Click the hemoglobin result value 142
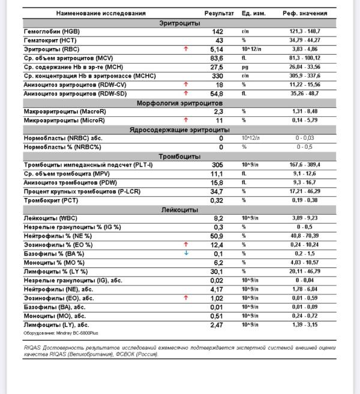(217, 31)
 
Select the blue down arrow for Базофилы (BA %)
(186, 253)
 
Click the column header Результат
(219, 13)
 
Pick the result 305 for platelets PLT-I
(217, 165)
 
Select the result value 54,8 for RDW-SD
(217, 94)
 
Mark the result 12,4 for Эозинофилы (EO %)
(217, 245)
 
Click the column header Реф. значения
(305, 13)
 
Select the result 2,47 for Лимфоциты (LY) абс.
(217, 324)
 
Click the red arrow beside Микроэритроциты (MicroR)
(186, 120)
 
